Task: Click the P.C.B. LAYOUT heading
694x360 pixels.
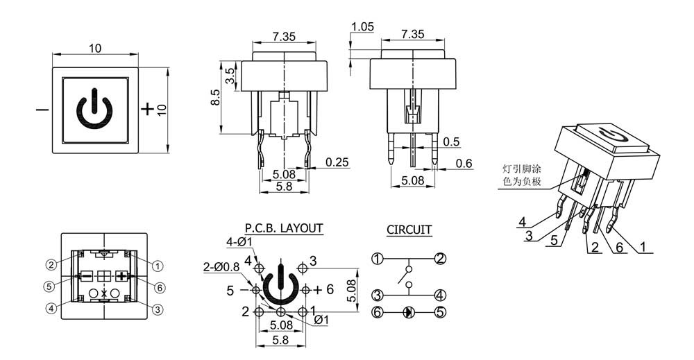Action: click(x=284, y=228)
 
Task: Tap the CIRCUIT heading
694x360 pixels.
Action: click(x=409, y=230)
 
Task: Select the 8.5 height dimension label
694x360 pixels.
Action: click(x=214, y=98)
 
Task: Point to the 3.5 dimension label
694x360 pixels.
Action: click(x=230, y=76)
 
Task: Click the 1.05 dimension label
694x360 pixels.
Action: click(x=362, y=27)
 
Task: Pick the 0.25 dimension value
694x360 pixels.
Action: click(x=337, y=162)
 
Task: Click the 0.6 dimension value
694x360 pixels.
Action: click(x=464, y=164)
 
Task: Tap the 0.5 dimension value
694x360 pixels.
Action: click(x=452, y=142)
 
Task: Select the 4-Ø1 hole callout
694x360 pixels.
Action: click(x=239, y=242)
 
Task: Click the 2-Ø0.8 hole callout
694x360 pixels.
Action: click(x=221, y=267)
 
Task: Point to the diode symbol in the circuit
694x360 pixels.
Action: click(x=409, y=313)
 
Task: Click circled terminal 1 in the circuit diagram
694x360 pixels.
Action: click(x=377, y=259)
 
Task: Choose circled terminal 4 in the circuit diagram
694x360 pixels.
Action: click(x=440, y=295)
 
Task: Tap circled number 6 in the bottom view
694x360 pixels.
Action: click(x=160, y=287)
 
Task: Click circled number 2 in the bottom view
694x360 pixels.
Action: click(x=51, y=265)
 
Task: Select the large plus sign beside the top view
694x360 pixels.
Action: click(x=147, y=109)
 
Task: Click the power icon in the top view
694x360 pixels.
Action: click(x=94, y=109)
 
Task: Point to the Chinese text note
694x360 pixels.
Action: click(x=521, y=175)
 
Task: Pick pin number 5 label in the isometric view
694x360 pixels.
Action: click(x=555, y=241)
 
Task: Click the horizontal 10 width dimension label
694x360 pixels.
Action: click(x=95, y=48)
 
